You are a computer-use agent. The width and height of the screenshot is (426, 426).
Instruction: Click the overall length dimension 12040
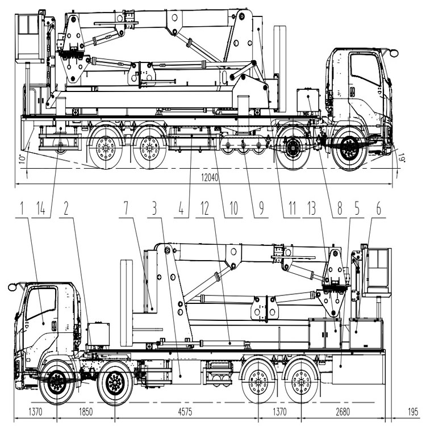[210, 178]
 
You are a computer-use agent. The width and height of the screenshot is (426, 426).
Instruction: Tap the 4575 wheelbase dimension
[185, 412]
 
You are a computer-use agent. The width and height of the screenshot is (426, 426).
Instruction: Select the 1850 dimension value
[86, 412]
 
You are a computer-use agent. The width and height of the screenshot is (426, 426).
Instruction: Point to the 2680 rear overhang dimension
[343, 412]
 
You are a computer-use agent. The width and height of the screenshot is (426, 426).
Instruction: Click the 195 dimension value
[413, 412]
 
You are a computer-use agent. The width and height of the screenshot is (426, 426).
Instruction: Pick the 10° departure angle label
[23, 159]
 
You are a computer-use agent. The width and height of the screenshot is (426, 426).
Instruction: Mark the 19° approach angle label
[402, 157]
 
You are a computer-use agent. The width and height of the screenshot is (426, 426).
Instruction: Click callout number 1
[22, 208]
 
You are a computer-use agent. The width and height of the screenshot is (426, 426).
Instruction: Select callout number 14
[41, 208]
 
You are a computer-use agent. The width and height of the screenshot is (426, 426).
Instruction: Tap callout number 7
[126, 208]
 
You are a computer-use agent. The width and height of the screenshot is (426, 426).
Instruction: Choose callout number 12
[204, 208]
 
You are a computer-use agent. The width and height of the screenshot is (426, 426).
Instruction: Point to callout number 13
[312, 208]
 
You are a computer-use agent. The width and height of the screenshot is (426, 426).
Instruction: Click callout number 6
[378, 208]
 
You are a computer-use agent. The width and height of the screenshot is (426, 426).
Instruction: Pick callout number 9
[261, 208]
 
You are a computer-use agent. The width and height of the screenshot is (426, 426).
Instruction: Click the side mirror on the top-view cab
[394, 53]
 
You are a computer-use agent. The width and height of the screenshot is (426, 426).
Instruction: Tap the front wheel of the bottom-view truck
[57, 382]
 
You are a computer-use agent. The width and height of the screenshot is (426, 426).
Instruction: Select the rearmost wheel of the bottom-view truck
[301, 382]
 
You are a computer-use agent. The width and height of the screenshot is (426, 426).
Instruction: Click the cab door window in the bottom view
[41, 303]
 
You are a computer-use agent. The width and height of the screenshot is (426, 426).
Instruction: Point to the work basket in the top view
[30, 38]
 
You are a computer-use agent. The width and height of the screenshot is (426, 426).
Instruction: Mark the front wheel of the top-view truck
[350, 149]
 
